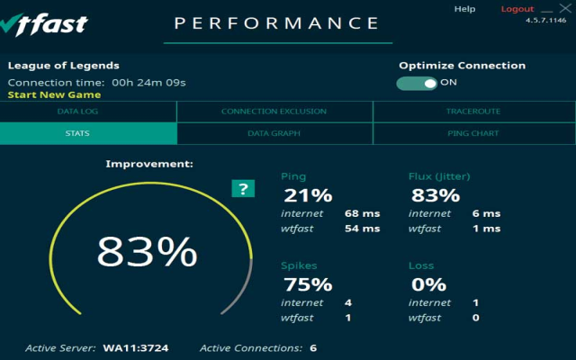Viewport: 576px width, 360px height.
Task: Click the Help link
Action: pos(464,9)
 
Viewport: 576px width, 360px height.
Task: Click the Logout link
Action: pos(517,9)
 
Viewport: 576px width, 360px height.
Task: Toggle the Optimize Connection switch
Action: pos(417,83)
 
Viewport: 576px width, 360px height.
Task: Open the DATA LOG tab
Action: pos(76,112)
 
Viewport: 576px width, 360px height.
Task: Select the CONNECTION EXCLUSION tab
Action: pos(274,112)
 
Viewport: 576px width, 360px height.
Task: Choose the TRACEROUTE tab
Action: pos(472,112)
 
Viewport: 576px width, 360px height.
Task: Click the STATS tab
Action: pos(76,133)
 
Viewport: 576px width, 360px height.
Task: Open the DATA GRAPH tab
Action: pos(274,133)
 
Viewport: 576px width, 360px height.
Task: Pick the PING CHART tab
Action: pos(472,133)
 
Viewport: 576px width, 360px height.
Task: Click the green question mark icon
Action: pos(242,188)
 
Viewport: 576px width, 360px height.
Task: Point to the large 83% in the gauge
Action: pos(147,252)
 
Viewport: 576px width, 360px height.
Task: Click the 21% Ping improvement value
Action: pos(309,195)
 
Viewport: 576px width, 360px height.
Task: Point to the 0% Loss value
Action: pos(428,284)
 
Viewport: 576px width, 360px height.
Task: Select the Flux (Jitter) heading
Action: pos(439,176)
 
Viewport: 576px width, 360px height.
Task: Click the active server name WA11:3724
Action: pos(136,347)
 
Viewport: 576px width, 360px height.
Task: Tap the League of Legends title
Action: pos(63,66)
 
